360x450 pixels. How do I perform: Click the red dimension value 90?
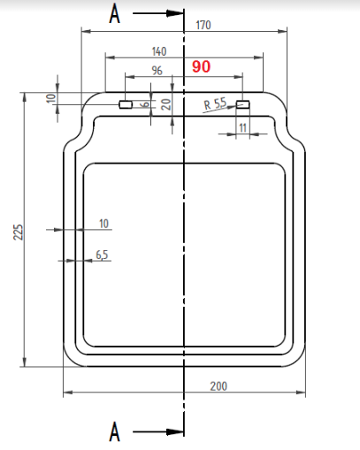(x=201, y=67)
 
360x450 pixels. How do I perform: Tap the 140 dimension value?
(x=159, y=51)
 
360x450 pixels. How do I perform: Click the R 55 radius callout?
(x=214, y=104)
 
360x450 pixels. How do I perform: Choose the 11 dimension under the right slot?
(x=243, y=129)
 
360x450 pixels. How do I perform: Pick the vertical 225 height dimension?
(x=18, y=232)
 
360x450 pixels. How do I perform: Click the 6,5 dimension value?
(x=102, y=255)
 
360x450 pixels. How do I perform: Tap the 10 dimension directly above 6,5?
(x=104, y=225)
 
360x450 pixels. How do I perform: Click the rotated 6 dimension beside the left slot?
(x=145, y=104)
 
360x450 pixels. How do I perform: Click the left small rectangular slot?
(x=126, y=104)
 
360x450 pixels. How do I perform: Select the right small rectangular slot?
(x=243, y=104)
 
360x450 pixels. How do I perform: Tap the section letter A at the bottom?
(x=113, y=432)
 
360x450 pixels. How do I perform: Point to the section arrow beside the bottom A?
(x=159, y=432)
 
